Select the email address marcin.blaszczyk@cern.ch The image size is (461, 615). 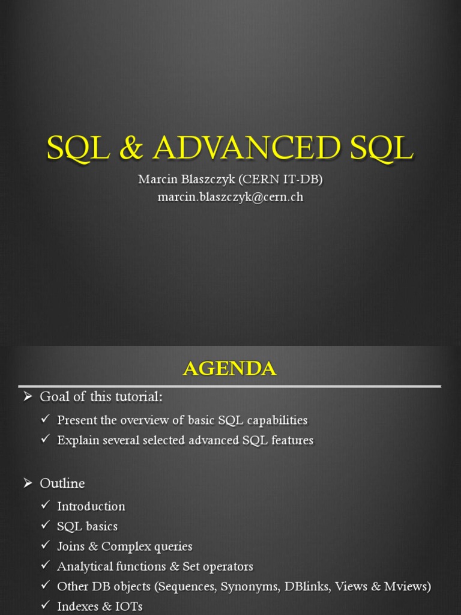230,196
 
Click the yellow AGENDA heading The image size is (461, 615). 230,368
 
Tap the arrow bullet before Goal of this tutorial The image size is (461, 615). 28,397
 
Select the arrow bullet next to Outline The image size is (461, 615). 28,483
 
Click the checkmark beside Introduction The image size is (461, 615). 45,506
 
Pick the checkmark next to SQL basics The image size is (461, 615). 45,526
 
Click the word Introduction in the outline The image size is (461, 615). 91,506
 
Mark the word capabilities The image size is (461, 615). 274,420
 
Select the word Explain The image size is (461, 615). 76,440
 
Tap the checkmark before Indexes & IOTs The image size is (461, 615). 45,606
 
